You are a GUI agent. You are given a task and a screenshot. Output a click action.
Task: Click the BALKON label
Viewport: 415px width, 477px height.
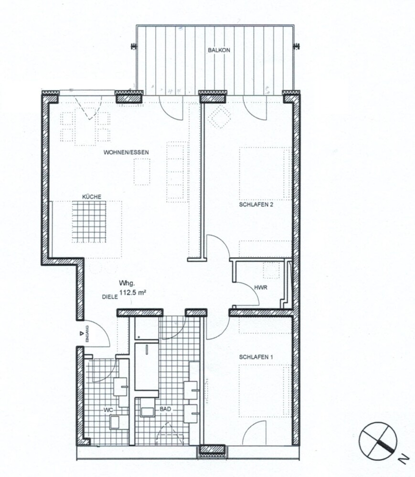click(215, 50)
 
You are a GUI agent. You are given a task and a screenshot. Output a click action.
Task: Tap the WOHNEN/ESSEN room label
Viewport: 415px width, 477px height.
click(127, 152)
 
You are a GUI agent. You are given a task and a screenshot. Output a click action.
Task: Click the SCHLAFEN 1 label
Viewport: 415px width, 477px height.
click(255, 356)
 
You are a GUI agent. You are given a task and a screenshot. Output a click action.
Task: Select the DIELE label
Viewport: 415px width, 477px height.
click(109, 296)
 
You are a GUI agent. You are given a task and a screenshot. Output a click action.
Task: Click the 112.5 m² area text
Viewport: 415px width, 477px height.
click(132, 294)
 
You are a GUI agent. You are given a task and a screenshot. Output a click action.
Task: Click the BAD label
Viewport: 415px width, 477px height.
click(166, 409)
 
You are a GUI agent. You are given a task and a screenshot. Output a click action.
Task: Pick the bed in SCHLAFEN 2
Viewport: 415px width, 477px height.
click(265, 174)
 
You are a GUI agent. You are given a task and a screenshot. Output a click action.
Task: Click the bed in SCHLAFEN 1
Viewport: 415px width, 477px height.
click(265, 389)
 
